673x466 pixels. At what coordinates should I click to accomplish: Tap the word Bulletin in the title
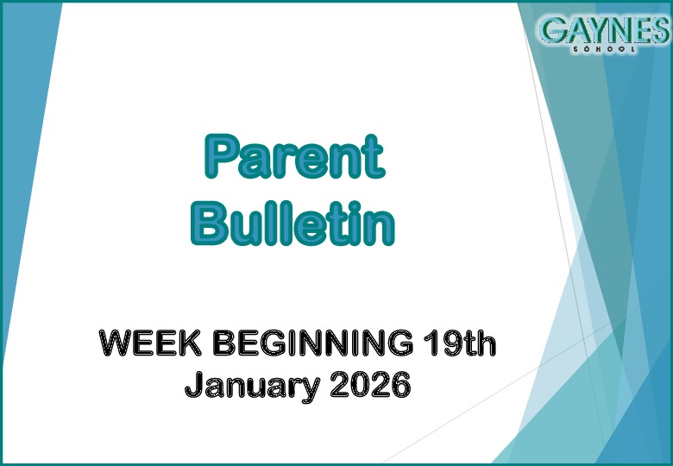click(x=292, y=223)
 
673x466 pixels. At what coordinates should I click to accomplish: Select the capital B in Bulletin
click(x=211, y=223)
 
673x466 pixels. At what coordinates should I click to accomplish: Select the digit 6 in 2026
click(x=399, y=385)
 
